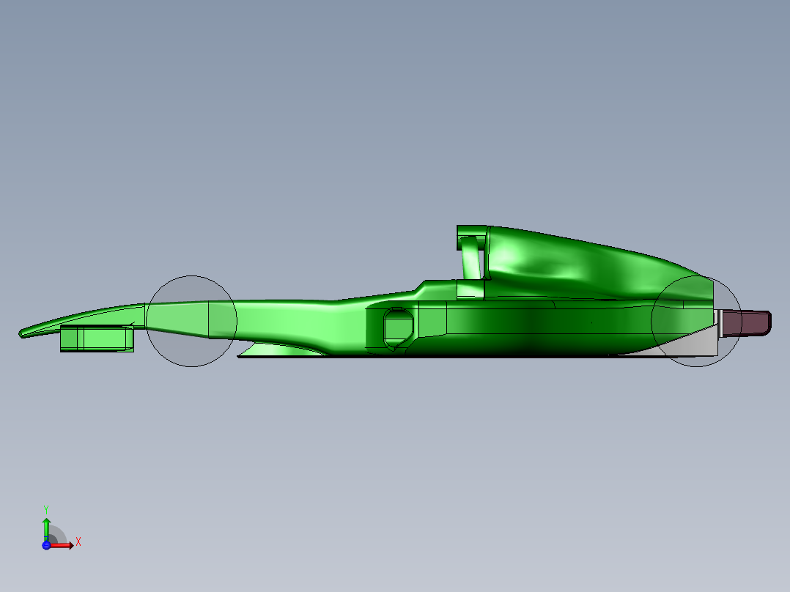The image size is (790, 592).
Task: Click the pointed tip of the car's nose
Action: pos(22,333)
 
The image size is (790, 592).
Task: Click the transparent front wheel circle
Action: pos(191,321)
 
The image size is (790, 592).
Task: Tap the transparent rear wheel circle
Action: pos(696,322)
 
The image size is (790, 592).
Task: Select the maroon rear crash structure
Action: pos(746,323)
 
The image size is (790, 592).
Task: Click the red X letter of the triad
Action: pos(78,542)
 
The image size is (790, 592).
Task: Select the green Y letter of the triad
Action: pos(46,508)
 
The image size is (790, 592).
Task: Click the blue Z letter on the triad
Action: pos(46,539)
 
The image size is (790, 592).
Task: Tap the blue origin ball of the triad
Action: pos(47,545)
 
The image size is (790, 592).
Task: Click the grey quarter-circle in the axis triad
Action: pos(57,536)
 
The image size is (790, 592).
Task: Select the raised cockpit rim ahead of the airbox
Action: pos(440,285)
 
